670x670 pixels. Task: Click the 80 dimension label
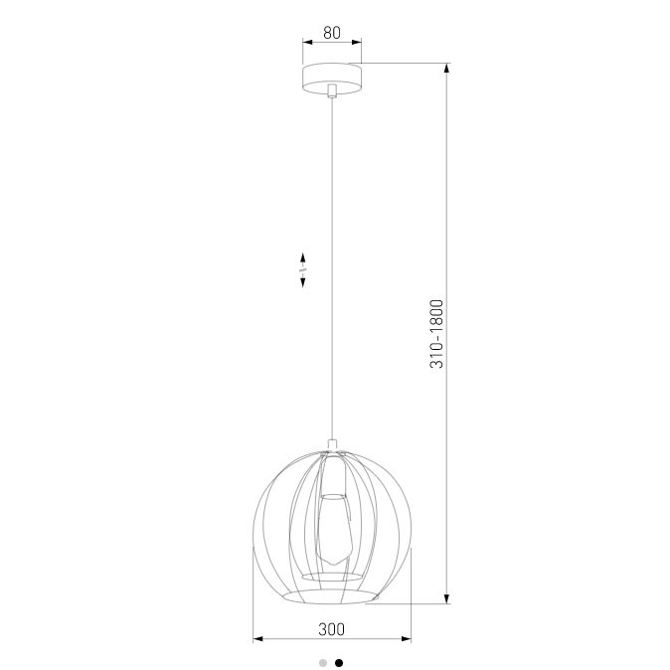[x=332, y=33]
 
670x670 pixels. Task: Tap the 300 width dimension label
[x=332, y=629]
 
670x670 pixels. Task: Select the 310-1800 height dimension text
[x=436, y=334]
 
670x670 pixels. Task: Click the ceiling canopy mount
[x=332, y=79]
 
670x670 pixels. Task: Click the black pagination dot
[x=339, y=663]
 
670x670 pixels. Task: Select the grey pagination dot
[x=323, y=663]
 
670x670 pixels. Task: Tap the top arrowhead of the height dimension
[x=447, y=69]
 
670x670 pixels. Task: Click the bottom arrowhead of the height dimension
[x=447, y=598]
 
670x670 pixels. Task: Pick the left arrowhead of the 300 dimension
[x=258, y=639]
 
